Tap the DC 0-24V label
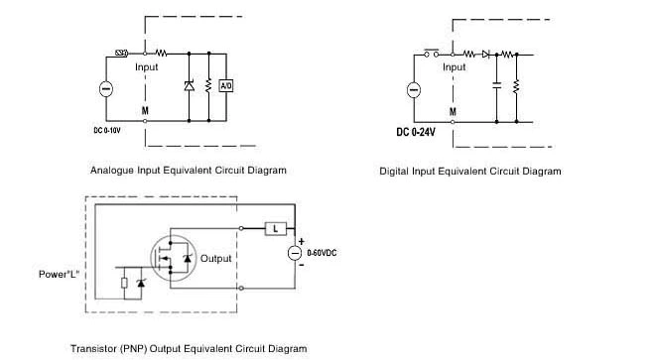coord(418,132)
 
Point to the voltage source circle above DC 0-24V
coord(414,90)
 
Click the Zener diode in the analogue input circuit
coord(190,86)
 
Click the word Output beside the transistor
coord(215,259)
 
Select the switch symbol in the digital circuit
coord(433,52)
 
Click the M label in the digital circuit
coord(454,111)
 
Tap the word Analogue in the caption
coord(111,170)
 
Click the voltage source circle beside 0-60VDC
coord(296,253)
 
